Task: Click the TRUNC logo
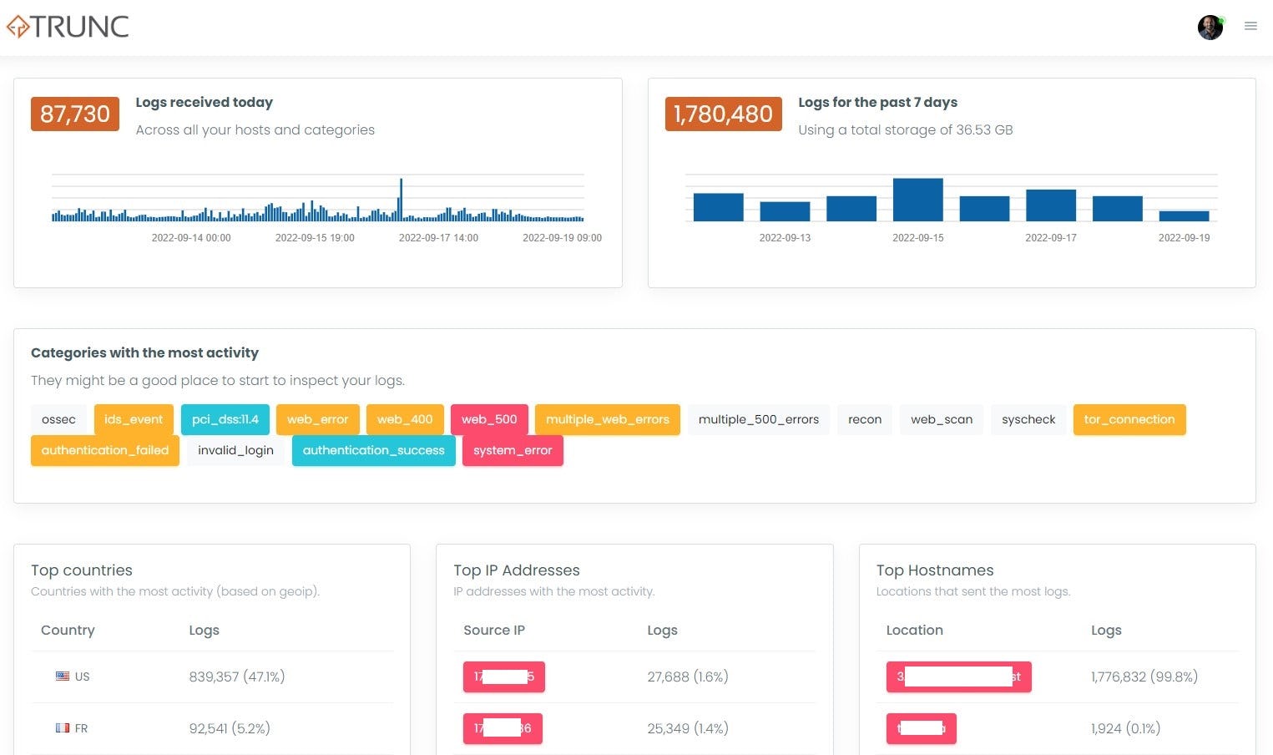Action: (68, 27)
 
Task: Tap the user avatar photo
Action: (1210, 27)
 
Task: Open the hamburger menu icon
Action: (1250, 27)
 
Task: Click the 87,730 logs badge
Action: (75, 114)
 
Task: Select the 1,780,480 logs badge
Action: (723, 114)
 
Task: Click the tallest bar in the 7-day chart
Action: (917, 200)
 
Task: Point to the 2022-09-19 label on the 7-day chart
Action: (1184, 238)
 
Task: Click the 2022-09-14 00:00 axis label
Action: (191, 238)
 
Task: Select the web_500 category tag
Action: (489, 419)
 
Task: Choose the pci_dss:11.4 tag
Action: (225, 419)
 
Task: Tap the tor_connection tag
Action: (1129, 419)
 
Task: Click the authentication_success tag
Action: (373, 450)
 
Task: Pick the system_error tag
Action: (513, 450)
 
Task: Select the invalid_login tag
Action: (235, 450)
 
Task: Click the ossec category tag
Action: (58, 419)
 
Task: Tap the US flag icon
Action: (63, 676)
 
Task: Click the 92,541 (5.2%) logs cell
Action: (230, 728)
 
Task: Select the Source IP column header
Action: (494, 631)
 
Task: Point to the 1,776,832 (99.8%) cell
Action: (1144, 676)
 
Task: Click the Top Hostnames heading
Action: (935, 570)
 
